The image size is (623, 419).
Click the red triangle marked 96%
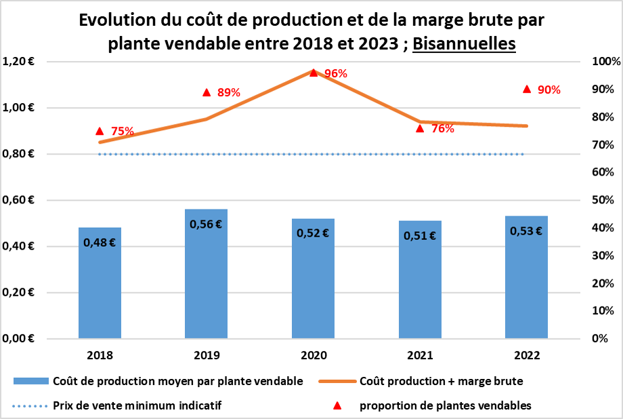[x=314, y=72]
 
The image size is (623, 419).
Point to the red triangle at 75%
[x=100, y=131]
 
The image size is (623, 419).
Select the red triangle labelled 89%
[x=207, y=92]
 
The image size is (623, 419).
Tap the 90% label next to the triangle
[x=549, y=89]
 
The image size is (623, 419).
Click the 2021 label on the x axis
[x=420, y=355]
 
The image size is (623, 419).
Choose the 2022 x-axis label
[x=526, y=355]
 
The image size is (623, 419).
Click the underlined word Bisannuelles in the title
[x=464, y=43]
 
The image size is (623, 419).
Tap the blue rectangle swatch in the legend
[x=30, y=382]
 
